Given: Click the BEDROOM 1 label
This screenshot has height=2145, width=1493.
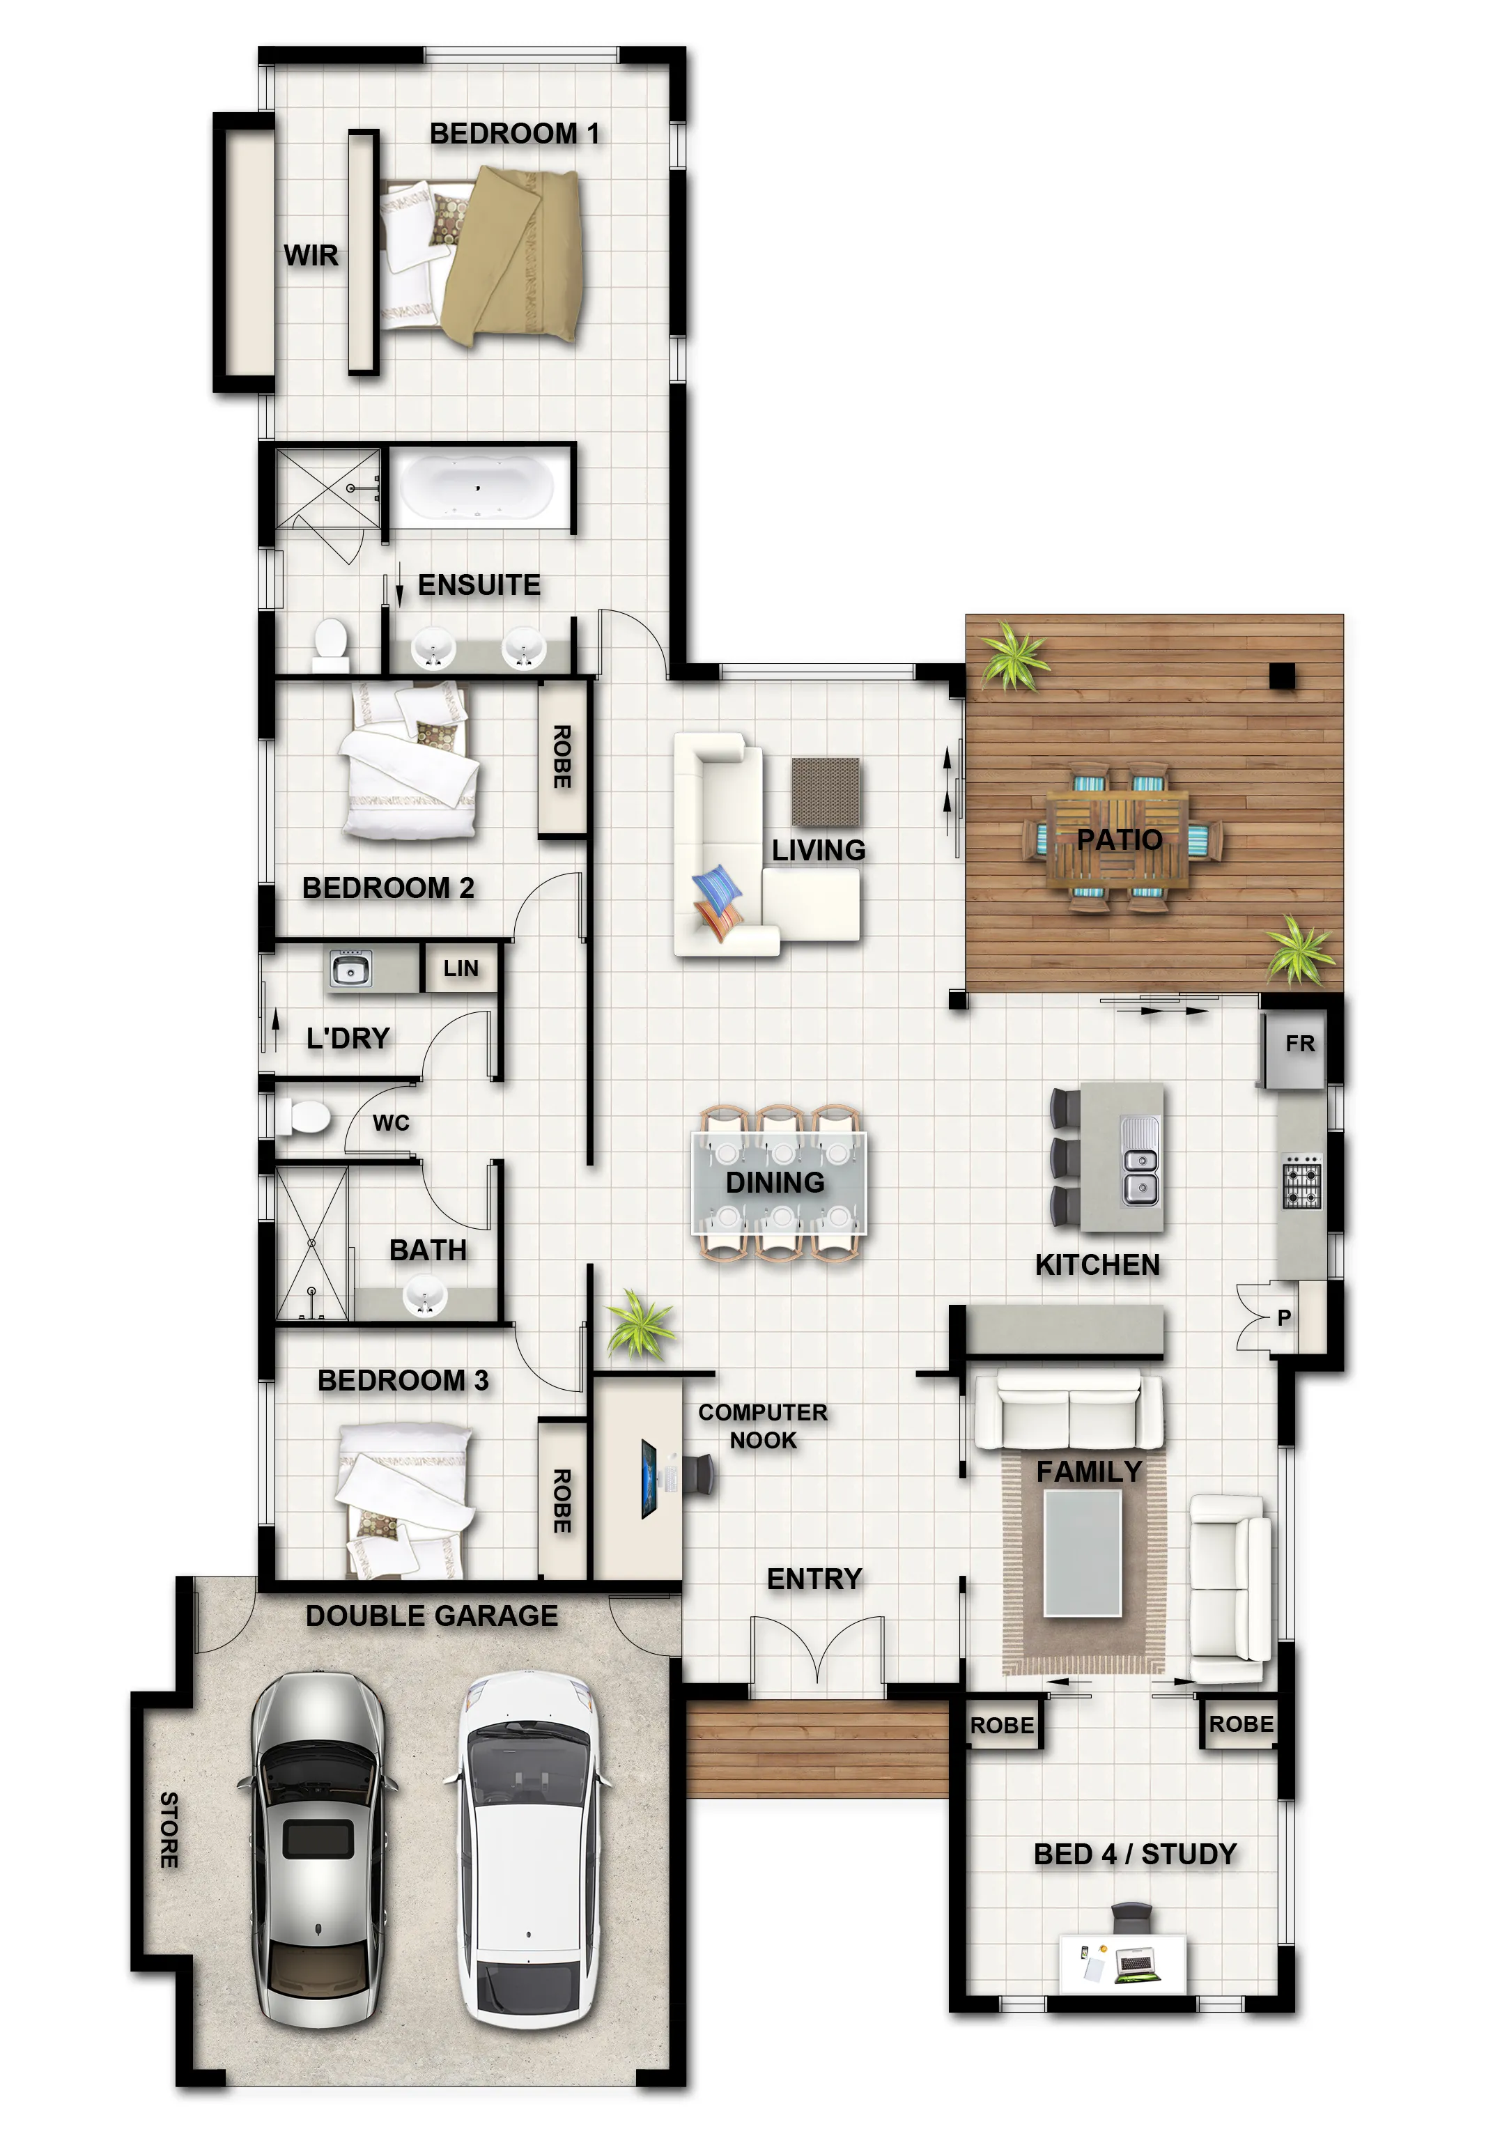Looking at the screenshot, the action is point(514,134).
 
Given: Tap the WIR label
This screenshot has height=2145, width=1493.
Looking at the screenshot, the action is point(310,255).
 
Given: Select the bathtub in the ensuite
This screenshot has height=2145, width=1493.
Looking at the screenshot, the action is point(477,487).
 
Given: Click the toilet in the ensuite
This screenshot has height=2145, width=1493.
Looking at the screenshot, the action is point(330,644).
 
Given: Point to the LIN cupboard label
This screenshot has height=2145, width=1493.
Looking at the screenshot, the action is point(461,969).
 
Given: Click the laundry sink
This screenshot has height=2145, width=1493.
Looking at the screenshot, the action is point(350,969).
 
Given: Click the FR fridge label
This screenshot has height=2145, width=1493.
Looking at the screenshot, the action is point(1299,1044).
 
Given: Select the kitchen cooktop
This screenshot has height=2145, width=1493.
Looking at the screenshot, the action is point(1301,1182).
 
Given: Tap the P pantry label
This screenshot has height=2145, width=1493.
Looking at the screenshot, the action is point(1284,1317).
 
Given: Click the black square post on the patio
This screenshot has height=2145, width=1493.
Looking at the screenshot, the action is point(1282,676).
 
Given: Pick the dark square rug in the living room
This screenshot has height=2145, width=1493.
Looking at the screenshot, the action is point(826,791).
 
